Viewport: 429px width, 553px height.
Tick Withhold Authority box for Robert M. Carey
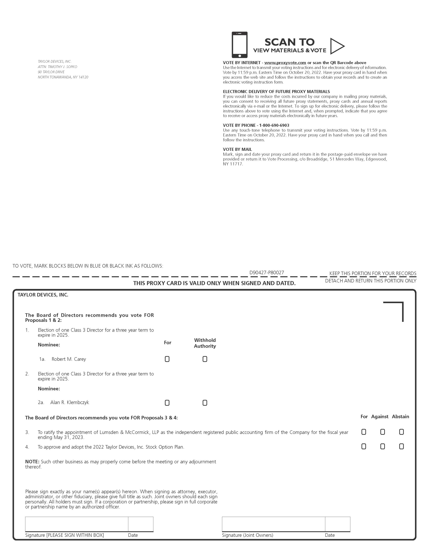tap(205, 359)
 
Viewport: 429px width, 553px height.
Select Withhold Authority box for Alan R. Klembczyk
tap(205, 403)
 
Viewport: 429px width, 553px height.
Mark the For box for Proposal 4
tap(364, 446)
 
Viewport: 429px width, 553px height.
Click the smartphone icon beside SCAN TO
tap(239, 45)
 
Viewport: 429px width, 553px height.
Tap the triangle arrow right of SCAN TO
tap(337, 46)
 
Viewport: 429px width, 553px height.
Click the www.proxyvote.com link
tap(285, 63)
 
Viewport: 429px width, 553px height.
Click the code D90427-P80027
tap(266, 273)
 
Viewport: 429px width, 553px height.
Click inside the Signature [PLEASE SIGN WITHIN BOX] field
tap(77, 524)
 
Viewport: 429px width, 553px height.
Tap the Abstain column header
tap(400, 417)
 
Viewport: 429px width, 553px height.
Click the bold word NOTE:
tap(32, 462)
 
